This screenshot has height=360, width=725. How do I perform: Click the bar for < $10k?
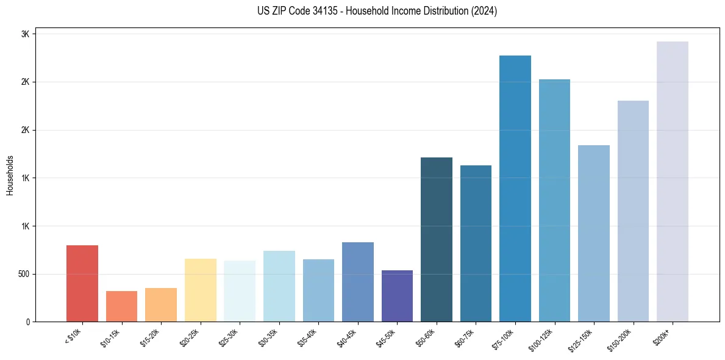pos(82,283)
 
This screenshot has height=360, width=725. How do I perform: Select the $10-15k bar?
pos(121,306)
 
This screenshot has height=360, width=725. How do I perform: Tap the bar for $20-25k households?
pos(200,290)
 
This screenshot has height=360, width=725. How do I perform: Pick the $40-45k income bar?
pos(357,282)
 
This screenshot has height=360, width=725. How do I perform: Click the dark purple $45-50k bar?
pos(397,296)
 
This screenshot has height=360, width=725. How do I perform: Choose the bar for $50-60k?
pos(437,239)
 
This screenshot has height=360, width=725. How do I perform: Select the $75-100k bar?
pos(515,189)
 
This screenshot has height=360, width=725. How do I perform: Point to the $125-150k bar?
pos(594,233)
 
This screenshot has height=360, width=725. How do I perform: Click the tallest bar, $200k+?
pos(673,181)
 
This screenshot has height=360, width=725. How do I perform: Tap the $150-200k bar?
pos(633,211)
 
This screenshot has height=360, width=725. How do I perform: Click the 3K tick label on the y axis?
pos(26,34)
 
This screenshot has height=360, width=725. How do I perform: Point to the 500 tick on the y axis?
pos(23,274)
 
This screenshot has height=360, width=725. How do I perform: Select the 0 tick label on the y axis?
pos(28,322)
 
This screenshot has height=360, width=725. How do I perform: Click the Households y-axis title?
pos(10,175)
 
